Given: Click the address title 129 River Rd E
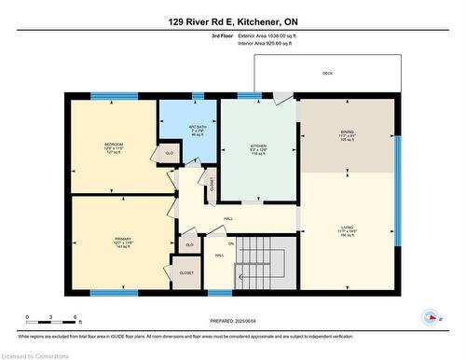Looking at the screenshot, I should coord(232,21).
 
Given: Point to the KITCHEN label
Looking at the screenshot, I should coord(258,146).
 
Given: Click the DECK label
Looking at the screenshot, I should coord(327,73).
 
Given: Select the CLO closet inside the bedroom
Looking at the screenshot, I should coord(169,152).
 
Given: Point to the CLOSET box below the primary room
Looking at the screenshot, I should coord(186,273).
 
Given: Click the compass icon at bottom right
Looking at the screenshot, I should coord(432,316).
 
